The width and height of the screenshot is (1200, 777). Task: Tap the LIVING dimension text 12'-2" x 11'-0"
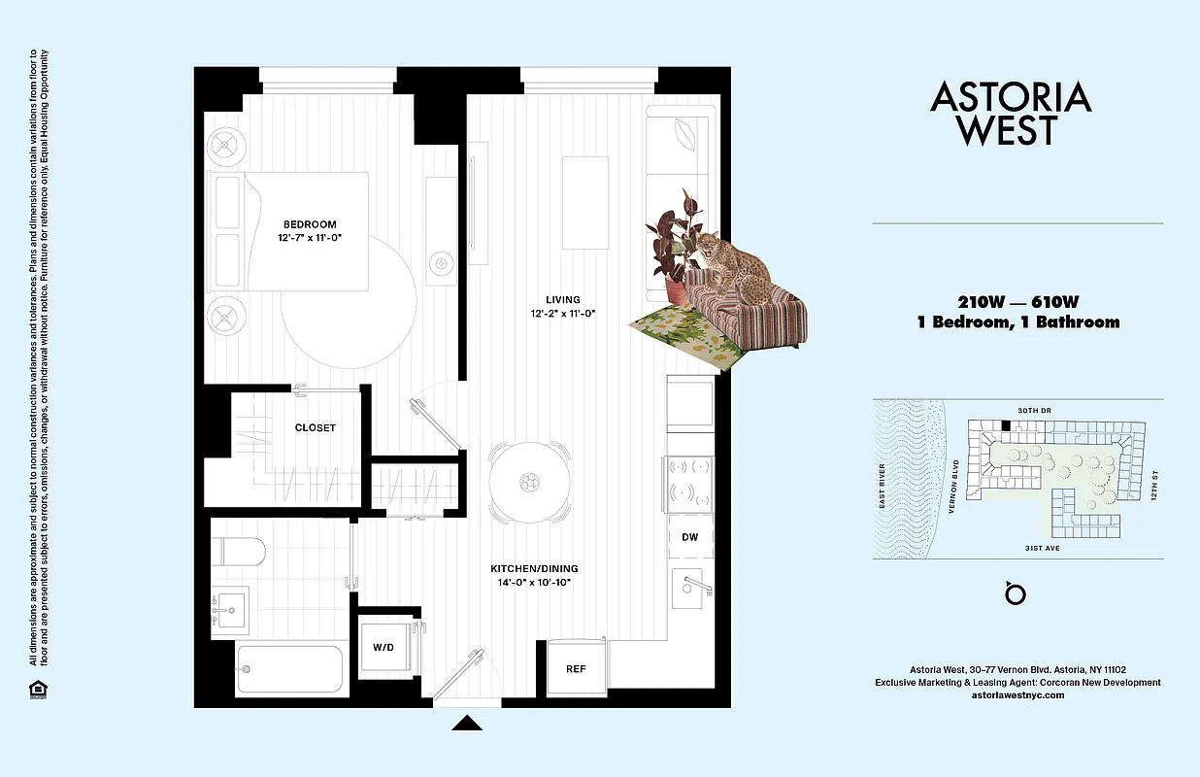coord(562,314)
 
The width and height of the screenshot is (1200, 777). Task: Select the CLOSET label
coord(316,427)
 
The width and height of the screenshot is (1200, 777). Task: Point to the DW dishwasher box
coord(690,537)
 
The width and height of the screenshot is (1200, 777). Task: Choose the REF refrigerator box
coord(577,668)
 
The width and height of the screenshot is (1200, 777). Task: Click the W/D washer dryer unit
coord(383,647)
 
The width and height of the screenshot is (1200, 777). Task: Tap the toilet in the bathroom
coord(239,551)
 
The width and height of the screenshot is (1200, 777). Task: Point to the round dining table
coord(529,481)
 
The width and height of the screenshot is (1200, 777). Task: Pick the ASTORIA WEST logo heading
coord(1011,113)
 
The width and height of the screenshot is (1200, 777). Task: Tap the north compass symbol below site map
coord(1016,592)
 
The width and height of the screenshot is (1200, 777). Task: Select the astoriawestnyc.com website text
coord(1017,695)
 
